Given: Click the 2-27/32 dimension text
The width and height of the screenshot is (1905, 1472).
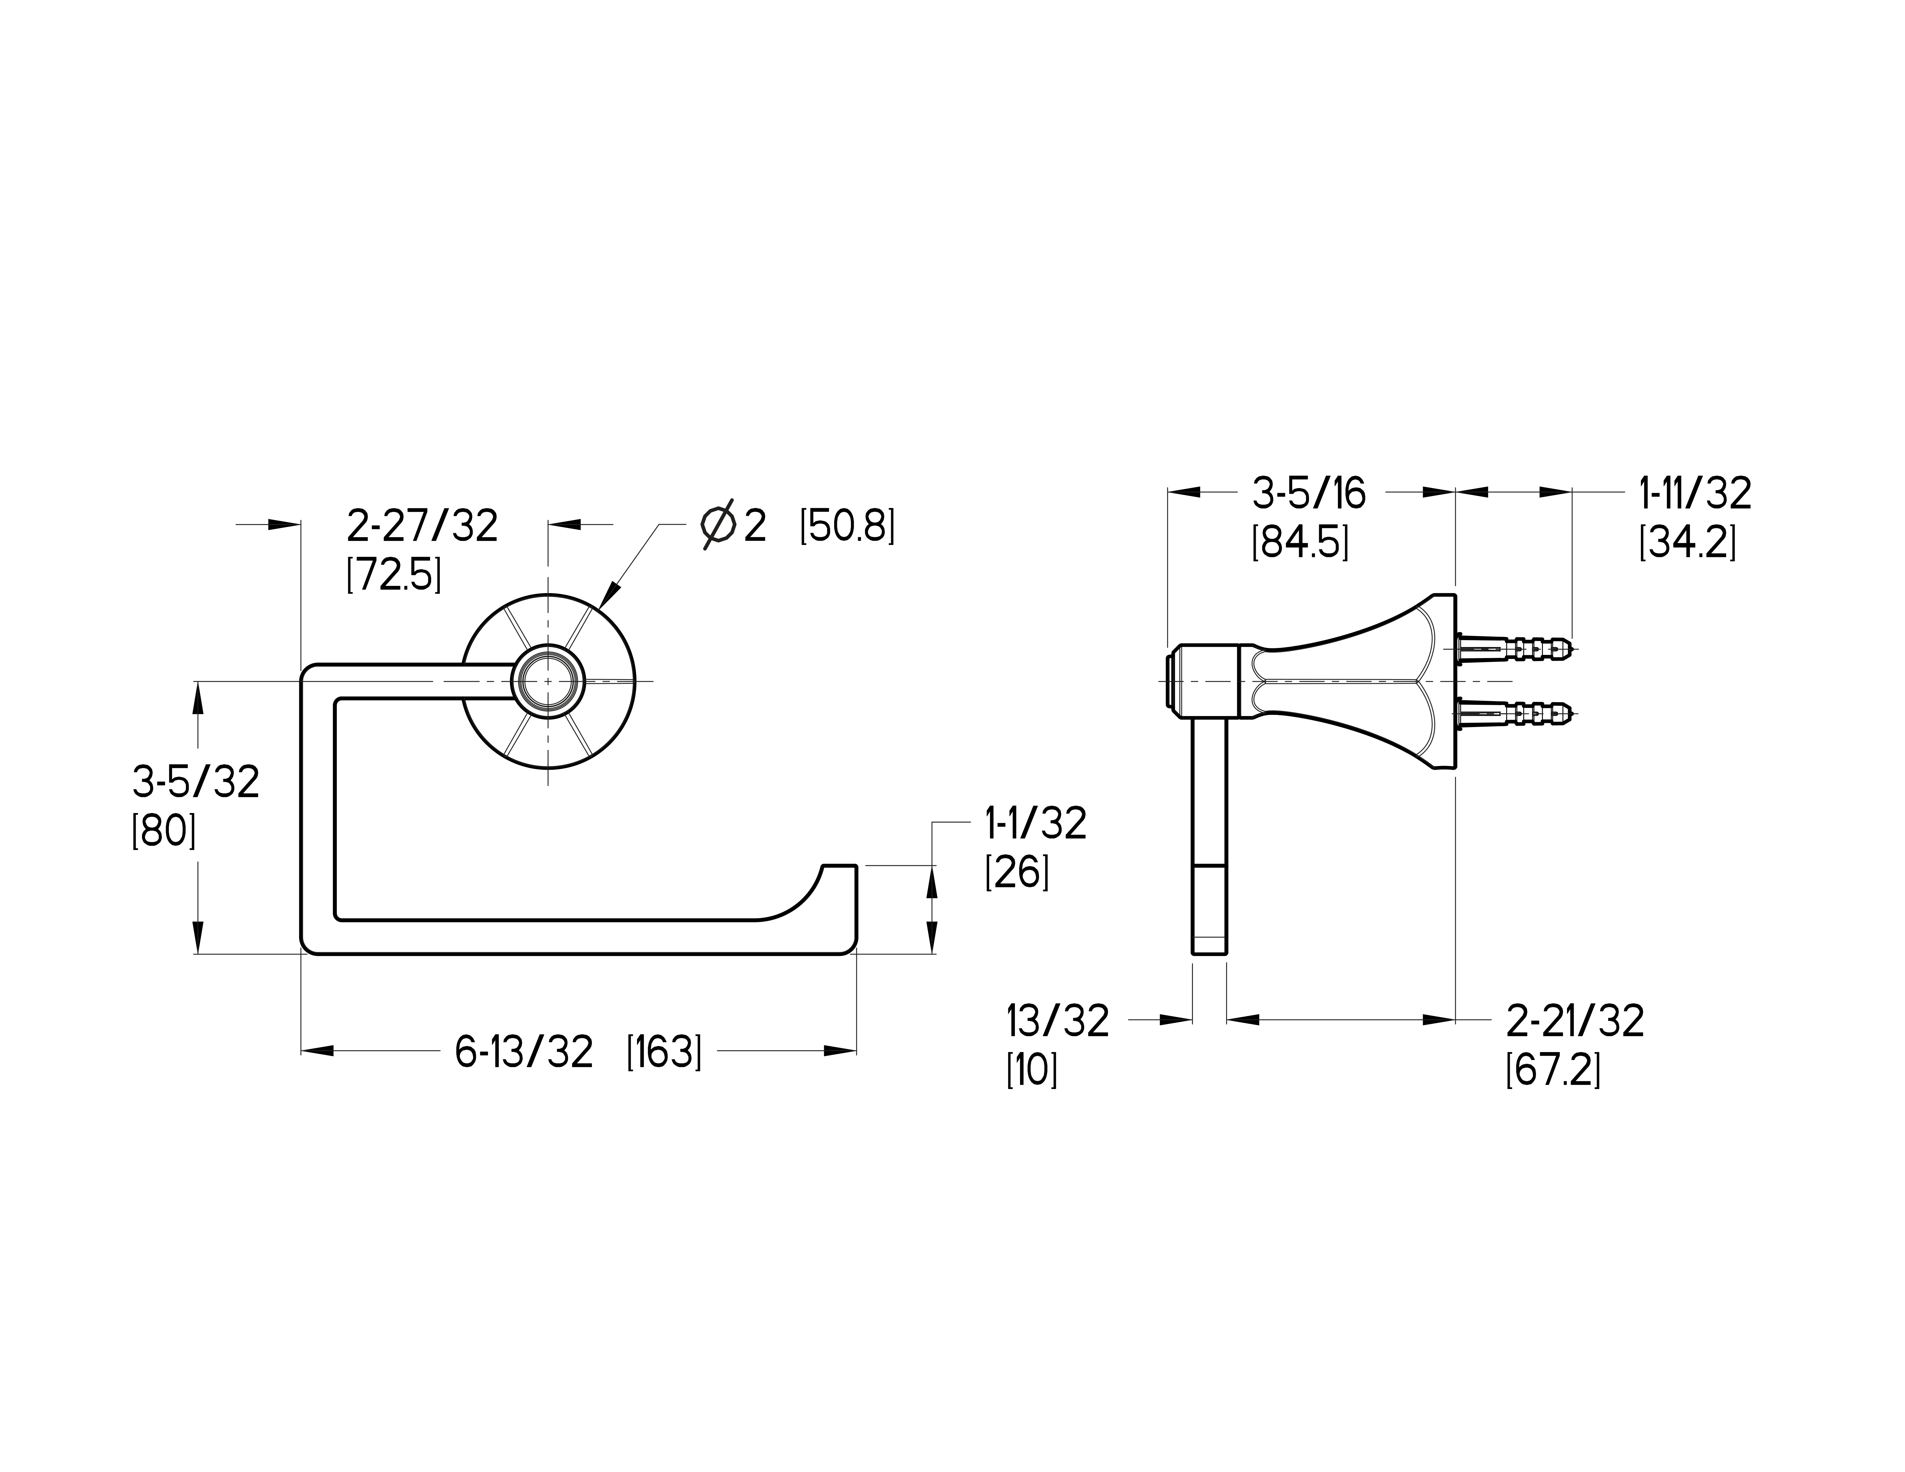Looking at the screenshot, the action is click(422, 526).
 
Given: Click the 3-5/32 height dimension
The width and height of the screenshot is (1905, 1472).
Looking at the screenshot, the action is click(196, 782).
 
